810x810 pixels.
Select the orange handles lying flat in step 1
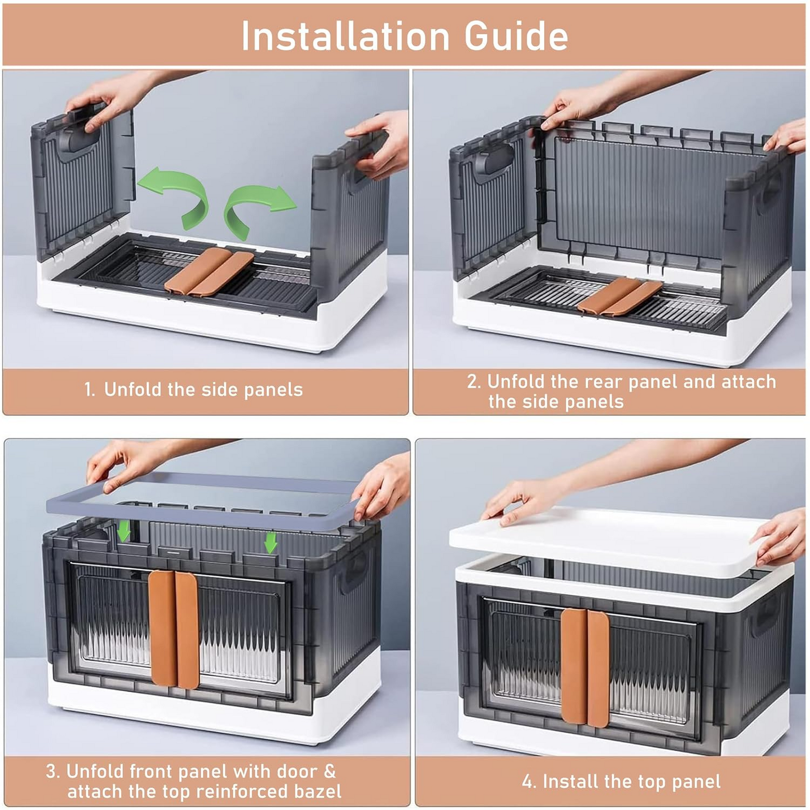point(209,272)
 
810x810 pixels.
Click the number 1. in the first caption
point(90,390)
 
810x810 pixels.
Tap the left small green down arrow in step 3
point(124,530)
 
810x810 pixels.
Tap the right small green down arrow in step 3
point(271,542)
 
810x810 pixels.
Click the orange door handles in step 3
point(174,629)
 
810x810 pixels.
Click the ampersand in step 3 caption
point(330,771)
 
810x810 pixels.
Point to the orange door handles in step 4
point(585,667)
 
